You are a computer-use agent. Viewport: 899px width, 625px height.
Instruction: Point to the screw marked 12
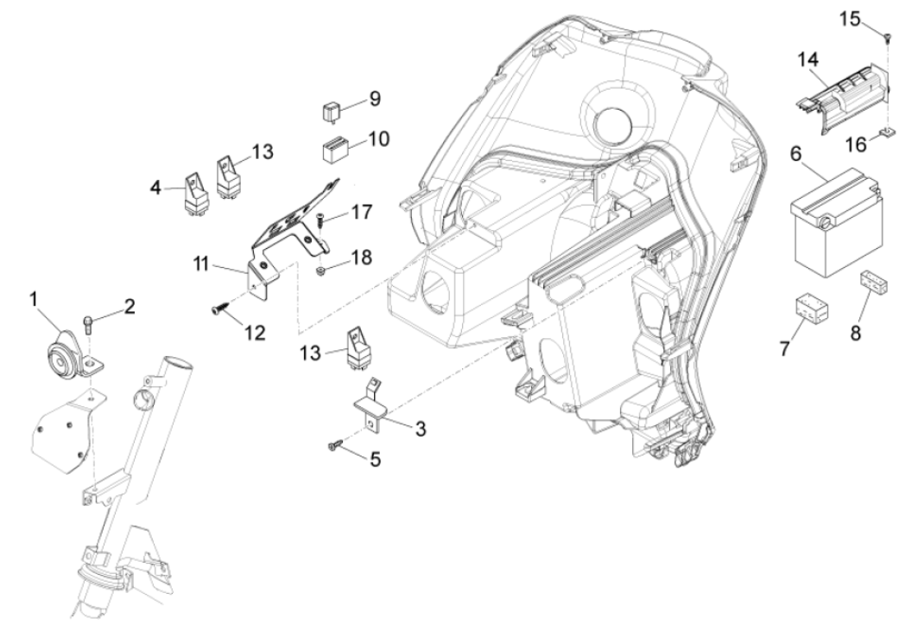[217, 308]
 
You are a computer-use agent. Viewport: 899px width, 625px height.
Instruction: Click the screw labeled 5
[333, 445]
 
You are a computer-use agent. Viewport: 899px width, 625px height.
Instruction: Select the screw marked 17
[320, 220]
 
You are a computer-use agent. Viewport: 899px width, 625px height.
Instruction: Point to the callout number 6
[795, 153]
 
